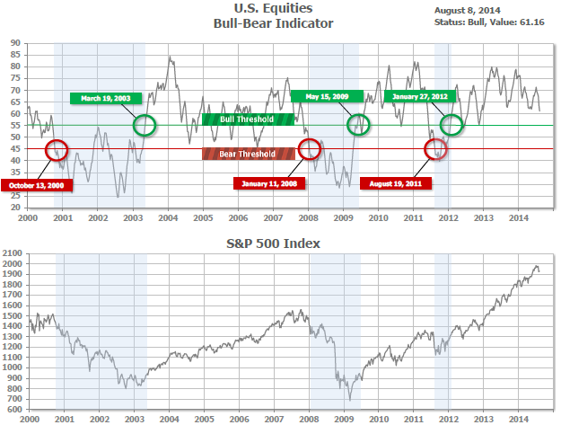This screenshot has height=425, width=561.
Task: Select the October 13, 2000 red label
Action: [x=37, y=186]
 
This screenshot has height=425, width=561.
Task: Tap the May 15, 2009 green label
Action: [x=328, y=97]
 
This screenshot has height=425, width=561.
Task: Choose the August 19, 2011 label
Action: [x=396, y=183]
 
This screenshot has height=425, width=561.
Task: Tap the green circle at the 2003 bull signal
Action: [x=144, y=125]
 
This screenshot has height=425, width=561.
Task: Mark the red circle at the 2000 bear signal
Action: [x=56, y=150]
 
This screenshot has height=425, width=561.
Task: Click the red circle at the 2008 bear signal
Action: [x=309, y=148]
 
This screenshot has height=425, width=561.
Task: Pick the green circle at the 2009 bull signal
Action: [x=358, y=125]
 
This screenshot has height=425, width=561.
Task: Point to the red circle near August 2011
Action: [x=434, y=148]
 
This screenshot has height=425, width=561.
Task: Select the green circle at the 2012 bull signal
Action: [x=451, y=125]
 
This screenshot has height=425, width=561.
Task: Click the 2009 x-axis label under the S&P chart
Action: [x=343, y=418]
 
